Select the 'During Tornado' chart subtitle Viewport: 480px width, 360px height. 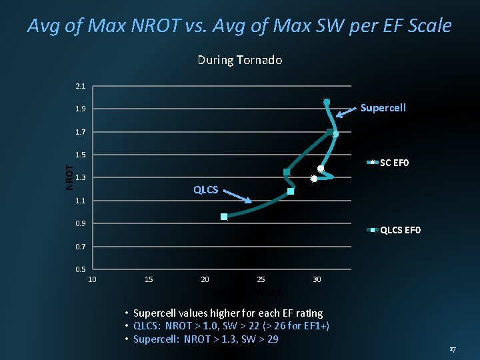[x=239, y=60]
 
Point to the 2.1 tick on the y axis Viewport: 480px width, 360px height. [x=80, y=86]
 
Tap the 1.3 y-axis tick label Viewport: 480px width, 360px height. [x=80, y=177]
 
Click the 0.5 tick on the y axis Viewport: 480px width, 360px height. [x=80, y=269]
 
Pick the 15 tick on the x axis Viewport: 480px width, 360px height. [x=149, y=279]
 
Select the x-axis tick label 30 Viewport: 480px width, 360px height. [x=317, y=279]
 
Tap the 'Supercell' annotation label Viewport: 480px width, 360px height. [x=383, y=108]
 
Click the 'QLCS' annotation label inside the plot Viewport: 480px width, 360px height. [x=205, y=190]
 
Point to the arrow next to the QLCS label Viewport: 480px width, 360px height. [x=237, y=196]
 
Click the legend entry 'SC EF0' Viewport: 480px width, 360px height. [x=395, y=162]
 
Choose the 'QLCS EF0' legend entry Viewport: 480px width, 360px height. [x=399, y=231]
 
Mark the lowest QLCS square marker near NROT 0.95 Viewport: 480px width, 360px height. [x=224, y=216]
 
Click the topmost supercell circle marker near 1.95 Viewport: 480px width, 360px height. [x=327, y=102]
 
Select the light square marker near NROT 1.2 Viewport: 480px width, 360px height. [x=291, y=191]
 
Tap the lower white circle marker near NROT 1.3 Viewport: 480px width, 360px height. [x=313, y=178]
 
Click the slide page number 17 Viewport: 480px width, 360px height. [x=452, y=349]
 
